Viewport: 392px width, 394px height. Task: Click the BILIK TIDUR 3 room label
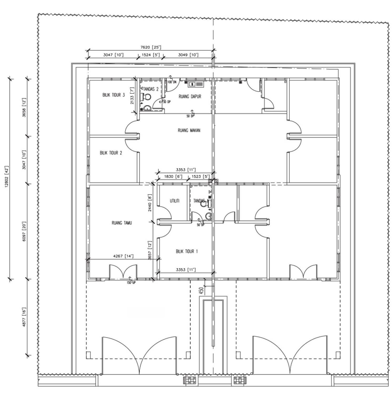(114, 95)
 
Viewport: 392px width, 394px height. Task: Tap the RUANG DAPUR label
(190, 96)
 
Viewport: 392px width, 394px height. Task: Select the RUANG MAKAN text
(189, 130)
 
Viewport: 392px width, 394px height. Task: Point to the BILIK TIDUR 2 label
(111, 153)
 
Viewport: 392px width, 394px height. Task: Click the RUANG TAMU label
(122, 223)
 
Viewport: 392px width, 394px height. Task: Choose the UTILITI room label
(175, 201)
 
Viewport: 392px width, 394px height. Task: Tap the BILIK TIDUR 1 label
(187, 251)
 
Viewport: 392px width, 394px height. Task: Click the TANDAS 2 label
(151, 89)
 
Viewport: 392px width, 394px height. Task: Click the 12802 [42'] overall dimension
(7, 176)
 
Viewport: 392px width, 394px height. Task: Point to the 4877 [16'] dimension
(24, 317)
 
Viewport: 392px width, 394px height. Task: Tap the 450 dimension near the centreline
(201, 290)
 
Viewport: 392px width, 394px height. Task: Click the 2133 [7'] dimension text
(132, 96)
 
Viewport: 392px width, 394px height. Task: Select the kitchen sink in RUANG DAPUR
(196, 84)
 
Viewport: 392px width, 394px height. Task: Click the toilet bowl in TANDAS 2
(146, 97)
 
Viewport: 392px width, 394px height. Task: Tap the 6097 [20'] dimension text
(24, 231)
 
